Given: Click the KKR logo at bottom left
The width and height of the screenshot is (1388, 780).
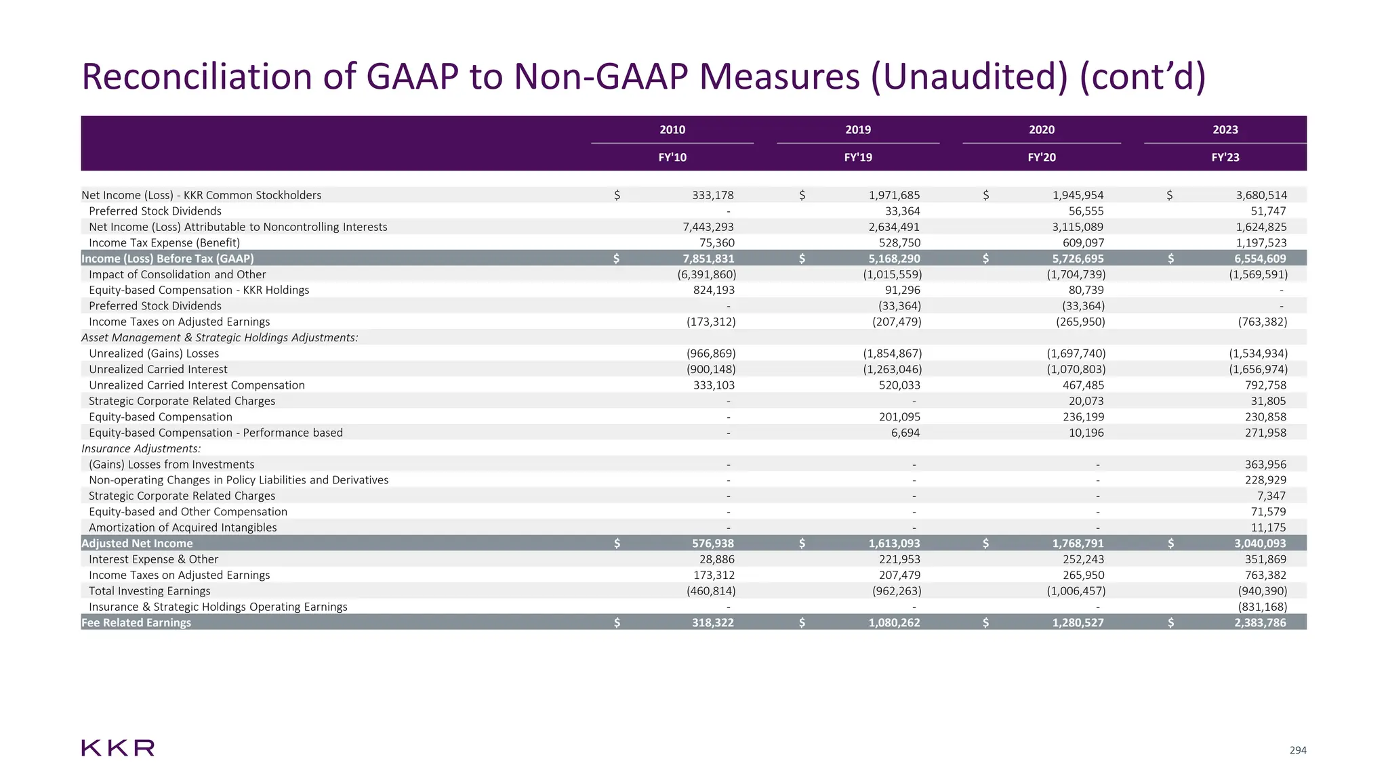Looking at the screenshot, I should coord(118,748).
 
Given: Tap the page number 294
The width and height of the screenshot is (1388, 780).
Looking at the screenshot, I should coord(1297,750).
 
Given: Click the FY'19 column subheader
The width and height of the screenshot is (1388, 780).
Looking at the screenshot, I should coord(857,158).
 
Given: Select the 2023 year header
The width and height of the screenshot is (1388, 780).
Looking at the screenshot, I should coord(1225,130).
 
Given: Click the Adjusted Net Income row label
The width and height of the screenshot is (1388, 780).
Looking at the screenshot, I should coord(137,544).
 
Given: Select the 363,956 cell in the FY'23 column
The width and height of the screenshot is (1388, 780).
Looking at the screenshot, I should coord(1265,464).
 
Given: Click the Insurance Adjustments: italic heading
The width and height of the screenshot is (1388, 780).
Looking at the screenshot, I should coord(141,448).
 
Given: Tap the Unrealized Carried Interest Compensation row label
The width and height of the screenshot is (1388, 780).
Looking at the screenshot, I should coord(197,385).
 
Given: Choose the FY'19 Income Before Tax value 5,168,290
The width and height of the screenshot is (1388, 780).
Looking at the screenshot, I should coord(894,259).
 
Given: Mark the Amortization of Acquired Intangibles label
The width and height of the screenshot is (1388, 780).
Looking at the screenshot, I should coord(182,527).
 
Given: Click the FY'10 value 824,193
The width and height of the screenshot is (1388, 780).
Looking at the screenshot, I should coord(714,290).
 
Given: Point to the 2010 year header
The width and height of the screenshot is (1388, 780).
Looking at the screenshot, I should coord(672,130).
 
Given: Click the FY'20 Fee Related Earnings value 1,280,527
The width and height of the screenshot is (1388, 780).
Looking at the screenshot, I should coord(1078,623).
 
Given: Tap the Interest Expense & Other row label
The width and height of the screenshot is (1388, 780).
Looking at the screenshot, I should coord(153,559).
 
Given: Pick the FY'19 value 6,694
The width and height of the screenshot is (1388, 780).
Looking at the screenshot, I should coord(905,433).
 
